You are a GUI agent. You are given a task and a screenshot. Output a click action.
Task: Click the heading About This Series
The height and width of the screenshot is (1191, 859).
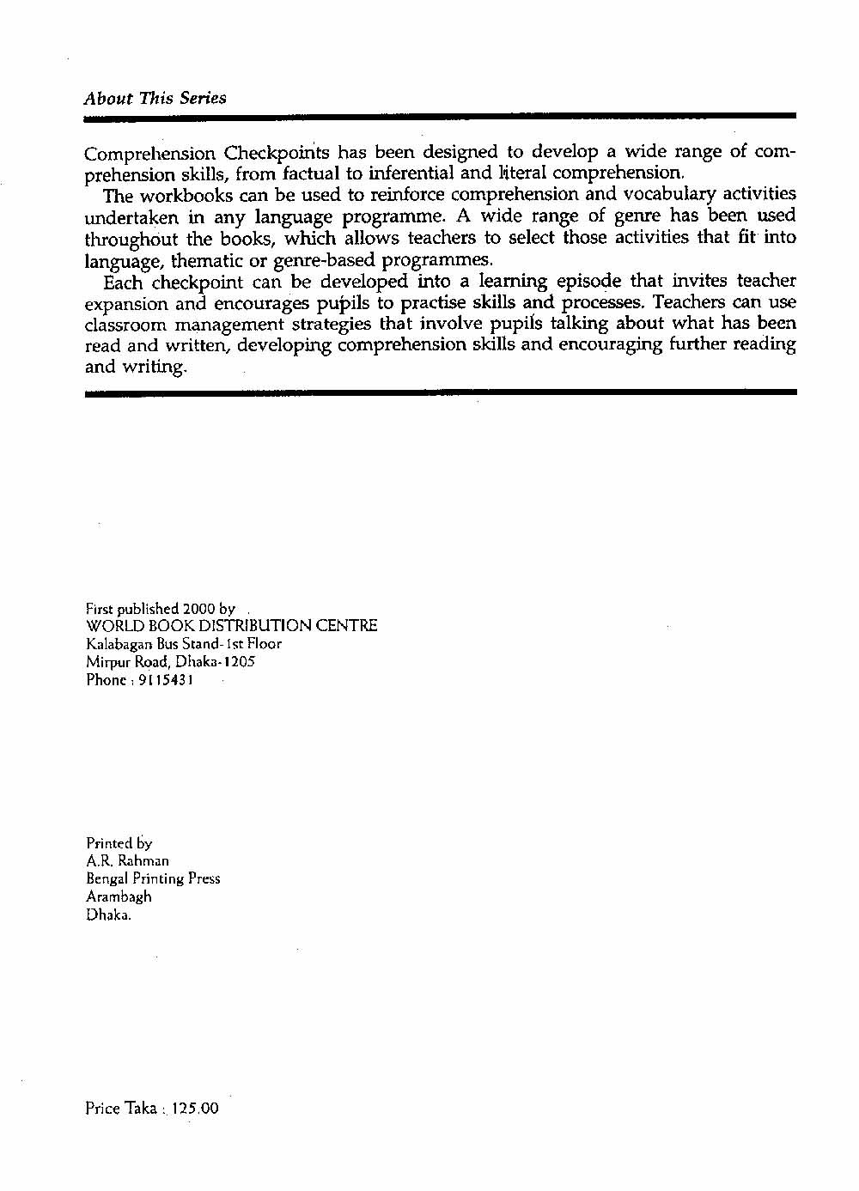point(155,98)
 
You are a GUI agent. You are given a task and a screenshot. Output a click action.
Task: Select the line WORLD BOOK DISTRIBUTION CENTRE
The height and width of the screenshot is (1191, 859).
point(231,626)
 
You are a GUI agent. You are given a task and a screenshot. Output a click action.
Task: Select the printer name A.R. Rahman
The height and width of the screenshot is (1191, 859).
point(127,860)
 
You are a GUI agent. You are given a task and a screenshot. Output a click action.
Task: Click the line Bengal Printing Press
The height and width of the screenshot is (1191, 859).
point(153,878)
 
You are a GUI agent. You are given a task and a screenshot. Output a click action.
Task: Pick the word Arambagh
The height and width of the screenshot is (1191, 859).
point(119,896)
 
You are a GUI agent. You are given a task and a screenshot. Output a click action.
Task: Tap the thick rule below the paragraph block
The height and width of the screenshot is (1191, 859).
point(441,392)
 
